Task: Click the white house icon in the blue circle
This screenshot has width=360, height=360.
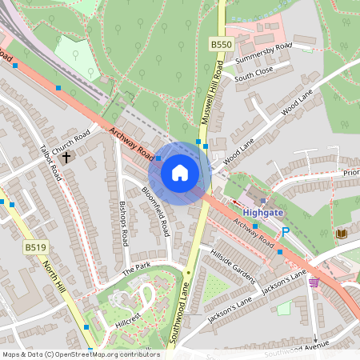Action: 180,172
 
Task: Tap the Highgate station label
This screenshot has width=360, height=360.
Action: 263,213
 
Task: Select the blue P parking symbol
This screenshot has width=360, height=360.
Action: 286,233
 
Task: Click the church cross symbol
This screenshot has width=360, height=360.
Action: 66,157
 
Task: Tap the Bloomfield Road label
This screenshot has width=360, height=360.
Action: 156,210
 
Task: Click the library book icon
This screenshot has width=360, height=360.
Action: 341,234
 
